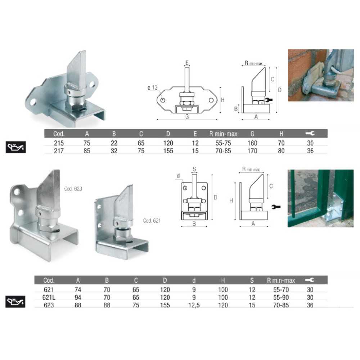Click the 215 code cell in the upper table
click(x=59, y=143)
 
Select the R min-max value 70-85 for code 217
click(x=223, y=151)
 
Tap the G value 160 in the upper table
click(x=252, y=143)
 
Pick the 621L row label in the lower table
click(x=49, y=297)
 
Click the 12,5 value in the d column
click(x=194, y=305)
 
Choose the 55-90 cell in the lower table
click(x=281, y=297)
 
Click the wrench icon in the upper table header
click(x=310, y=134)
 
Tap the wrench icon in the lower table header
click(x=310, y=280)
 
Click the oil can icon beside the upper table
click(x=15, y=147)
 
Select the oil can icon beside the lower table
click(x=15, y=302)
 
